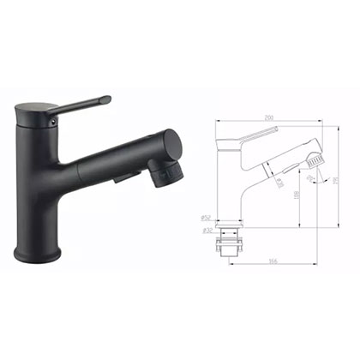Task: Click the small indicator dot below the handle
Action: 55,123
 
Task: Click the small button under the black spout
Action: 124,178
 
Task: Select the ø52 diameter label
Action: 207,219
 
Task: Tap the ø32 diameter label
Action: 207,231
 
